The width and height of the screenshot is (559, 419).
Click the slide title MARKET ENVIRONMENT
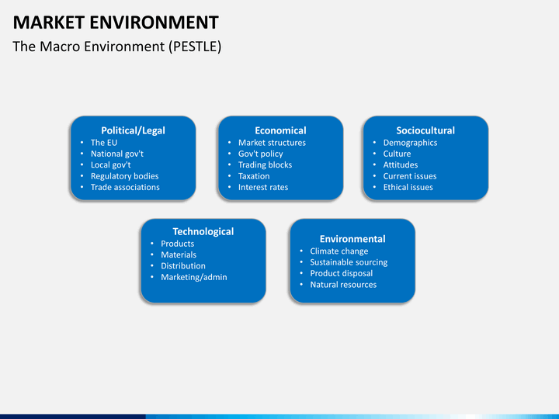coord(116,22)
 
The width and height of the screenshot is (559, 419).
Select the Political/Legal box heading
coord(133,130)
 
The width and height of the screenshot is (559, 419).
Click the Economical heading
coord(280,130)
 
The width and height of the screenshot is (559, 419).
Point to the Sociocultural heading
coord(425,130)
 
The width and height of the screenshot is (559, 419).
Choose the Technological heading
coord(203,231)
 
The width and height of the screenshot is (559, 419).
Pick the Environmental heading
coord(352,239)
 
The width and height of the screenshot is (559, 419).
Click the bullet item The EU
coord(103,143)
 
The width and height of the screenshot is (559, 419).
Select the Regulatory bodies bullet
coord(124,176)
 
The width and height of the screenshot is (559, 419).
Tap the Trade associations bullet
coord(125,187)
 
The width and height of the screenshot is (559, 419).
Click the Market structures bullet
coord(272,143)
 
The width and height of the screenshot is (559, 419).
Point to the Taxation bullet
coord(254,176)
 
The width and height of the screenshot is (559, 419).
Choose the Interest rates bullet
coord(263,187)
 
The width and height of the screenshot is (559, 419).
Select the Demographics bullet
coord(410,143)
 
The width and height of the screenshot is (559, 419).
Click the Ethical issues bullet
coord(408,187)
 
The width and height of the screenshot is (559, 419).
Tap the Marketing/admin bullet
coord(194,277)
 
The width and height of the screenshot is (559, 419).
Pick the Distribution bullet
coord(183,266)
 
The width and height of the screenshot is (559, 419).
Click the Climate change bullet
coord(339,251)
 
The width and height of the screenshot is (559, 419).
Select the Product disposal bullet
coord(341,273)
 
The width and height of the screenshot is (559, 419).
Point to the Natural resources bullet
coord(343,285)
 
